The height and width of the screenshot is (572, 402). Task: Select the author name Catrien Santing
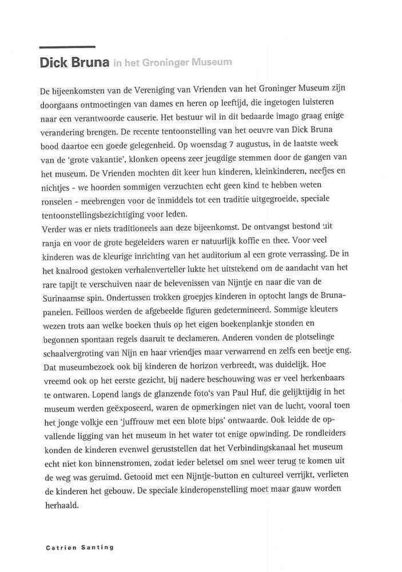tap(79, 547)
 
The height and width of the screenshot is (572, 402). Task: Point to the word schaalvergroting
tap(72, 350)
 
